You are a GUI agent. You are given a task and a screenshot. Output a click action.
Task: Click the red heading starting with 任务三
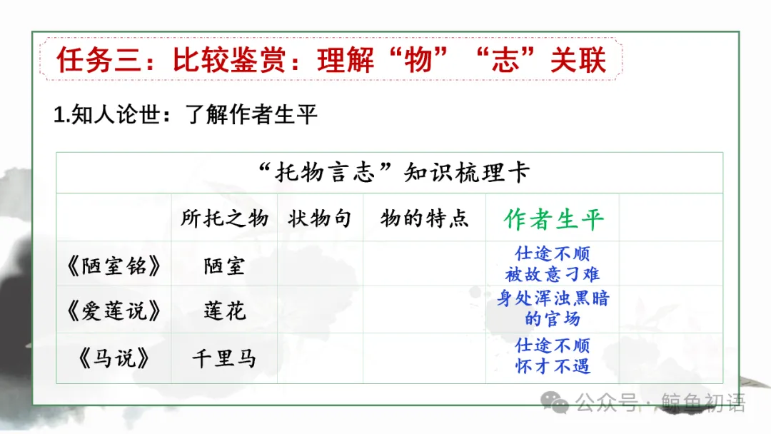tap(332, 60)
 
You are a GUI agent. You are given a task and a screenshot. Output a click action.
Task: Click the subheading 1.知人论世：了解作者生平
tap(186, 115)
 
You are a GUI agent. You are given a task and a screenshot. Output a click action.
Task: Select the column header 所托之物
tap(224, 218)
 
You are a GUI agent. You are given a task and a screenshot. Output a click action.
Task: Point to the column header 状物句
tap(320, 218)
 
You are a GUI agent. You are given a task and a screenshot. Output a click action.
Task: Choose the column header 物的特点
tap(424, 218)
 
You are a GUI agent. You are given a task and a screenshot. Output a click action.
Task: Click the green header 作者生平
tap(553, 219)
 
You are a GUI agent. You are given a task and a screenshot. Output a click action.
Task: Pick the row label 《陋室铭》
tap(114, 266)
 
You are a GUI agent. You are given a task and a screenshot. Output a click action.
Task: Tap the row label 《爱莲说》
tap(114, 311)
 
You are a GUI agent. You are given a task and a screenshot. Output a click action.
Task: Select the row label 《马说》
tap(114, 358)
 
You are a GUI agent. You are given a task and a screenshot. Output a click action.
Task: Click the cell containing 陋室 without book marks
tap(224, 266)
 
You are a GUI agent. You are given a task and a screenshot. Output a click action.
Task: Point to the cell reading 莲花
tap(224, 311)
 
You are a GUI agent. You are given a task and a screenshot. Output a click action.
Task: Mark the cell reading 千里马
tap(224, 358)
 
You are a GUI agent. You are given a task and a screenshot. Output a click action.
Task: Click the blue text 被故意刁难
tap(553, 274)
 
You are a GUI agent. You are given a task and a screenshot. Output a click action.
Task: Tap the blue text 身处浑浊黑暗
tap(553, 299)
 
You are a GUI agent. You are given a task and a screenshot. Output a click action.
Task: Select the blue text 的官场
tap(553, 319)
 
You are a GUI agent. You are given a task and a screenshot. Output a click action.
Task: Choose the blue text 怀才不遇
tap(553, 367)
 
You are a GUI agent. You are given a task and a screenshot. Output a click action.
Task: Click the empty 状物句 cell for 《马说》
tap(320, 358)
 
